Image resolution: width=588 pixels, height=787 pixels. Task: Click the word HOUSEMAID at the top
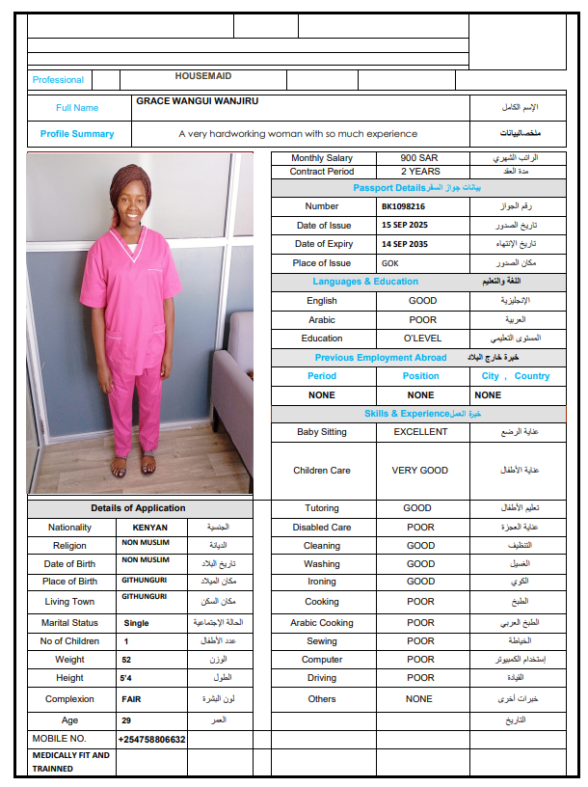[203, 75]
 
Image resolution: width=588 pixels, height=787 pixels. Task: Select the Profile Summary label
[77, 134]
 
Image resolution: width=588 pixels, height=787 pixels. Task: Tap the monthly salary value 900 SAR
[421, 158]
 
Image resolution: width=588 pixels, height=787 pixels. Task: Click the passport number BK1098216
[403, 206]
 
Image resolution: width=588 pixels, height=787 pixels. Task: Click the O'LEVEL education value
[422, 339]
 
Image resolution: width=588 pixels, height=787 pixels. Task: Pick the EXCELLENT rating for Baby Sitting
[420, 432]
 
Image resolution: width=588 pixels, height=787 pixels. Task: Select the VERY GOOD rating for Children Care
[420, 471]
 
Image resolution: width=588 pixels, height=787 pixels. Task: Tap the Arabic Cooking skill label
[322, 623]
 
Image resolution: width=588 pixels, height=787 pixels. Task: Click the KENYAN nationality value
[149, 528]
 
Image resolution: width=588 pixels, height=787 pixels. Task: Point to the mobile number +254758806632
[151, 740]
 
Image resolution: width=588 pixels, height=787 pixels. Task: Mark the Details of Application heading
[138, 508]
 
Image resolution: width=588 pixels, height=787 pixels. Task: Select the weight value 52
[126, 660]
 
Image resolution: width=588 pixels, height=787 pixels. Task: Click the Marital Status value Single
[136, 623]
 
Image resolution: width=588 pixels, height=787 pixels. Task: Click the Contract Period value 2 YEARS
[420, 172]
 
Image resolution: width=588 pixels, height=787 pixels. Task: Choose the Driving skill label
[322, 678]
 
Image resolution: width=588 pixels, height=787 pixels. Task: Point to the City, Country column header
[516, 376]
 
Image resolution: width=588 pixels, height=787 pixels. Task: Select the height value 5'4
[127, 678]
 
